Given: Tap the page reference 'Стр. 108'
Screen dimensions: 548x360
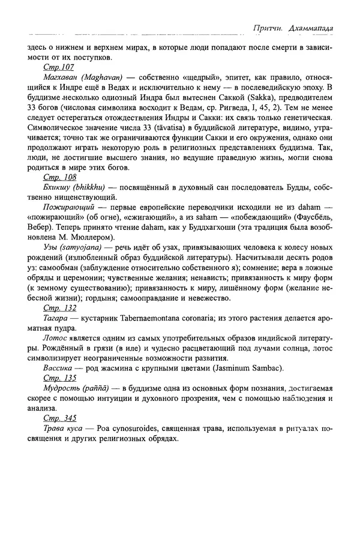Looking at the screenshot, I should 59,179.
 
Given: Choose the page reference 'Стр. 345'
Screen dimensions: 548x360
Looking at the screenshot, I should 59,418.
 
